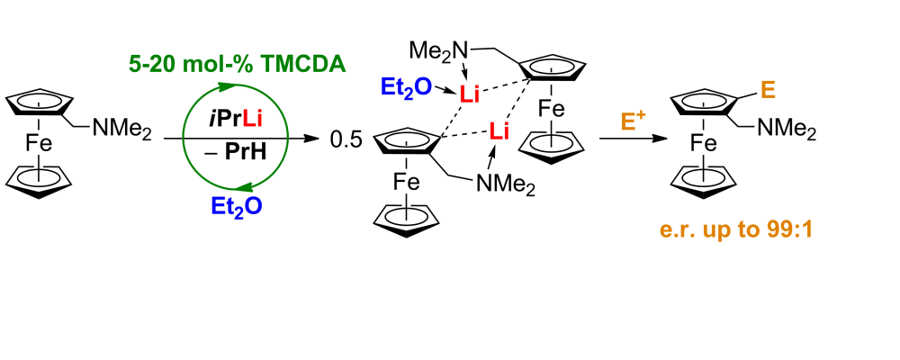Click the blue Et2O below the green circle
tap(233, 205)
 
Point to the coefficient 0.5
tap(346, 139)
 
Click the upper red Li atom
tap(470, 92)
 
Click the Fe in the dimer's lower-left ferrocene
tap(405, 183)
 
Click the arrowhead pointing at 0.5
tap(315, 139)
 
